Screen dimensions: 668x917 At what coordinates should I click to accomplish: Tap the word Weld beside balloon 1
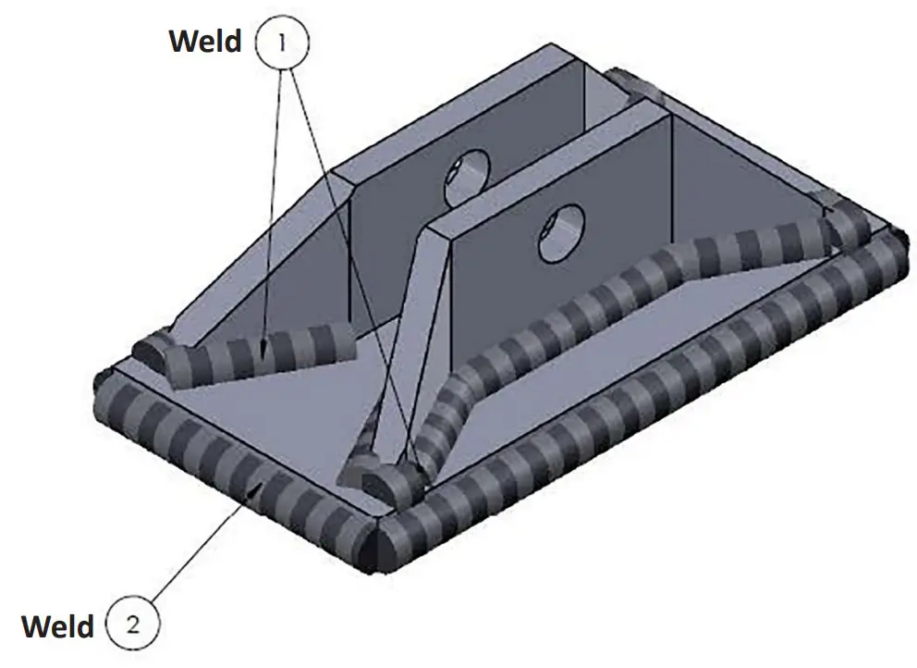(205, 41)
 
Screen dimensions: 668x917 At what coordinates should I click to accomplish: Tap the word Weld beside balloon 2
(57, 625)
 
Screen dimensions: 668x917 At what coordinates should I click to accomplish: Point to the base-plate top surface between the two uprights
(314, 407)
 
